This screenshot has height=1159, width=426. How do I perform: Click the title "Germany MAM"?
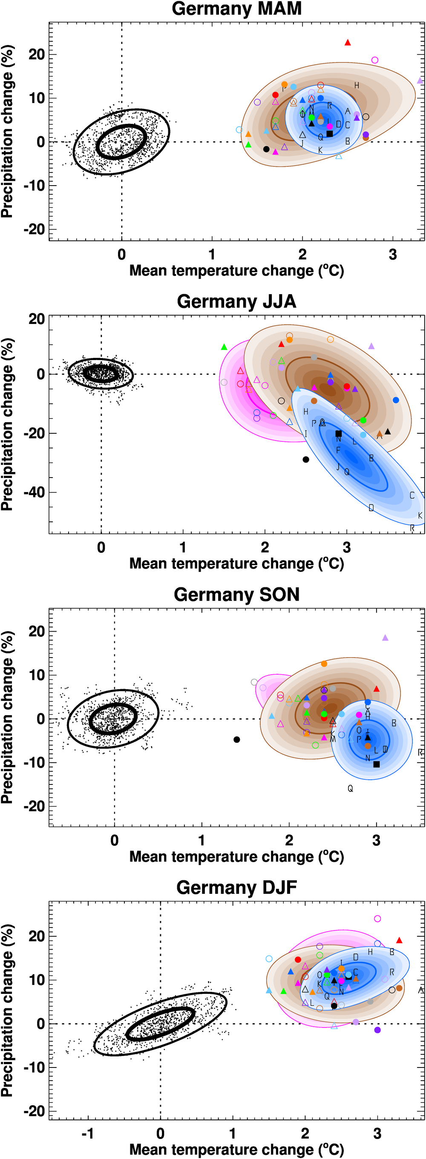point(236,9)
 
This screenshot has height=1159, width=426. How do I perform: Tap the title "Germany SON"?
point(236,594)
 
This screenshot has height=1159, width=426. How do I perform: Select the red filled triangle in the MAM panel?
point(348,43)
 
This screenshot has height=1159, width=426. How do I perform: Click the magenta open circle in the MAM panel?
point(374,60)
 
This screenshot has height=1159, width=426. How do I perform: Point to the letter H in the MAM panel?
point(357,86)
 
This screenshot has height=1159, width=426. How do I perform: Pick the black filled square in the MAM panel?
point(330,134)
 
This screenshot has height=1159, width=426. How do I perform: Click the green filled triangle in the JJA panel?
point(224,347)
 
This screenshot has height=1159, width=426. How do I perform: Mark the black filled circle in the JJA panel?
point(306,459)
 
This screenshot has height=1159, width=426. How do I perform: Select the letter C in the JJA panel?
point(412,495)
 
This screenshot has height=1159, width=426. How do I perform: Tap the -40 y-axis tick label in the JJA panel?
point(34,492)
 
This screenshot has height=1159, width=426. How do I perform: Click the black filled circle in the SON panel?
point(237,740)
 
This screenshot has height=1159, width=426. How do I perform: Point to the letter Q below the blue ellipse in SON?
point(350,788)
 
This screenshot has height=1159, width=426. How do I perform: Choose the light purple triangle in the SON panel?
point(385,638)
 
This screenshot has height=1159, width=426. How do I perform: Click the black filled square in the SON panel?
point(377,764)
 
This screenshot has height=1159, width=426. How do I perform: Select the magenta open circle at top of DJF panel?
point(377,919)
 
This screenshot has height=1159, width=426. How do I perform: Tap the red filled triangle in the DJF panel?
point(399,940)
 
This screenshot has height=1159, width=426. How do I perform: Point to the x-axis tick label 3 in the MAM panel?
point(393,255)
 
